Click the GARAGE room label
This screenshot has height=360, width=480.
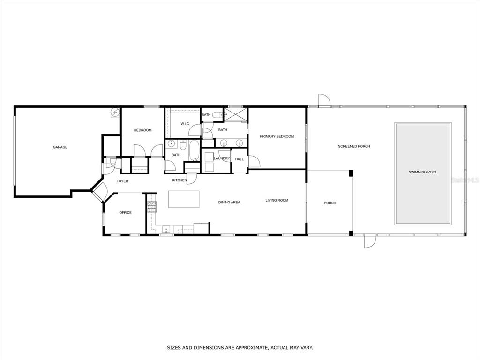pyautogui.click(x=60, y=147)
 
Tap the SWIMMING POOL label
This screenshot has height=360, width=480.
pyautogui.click(x=423, y=172)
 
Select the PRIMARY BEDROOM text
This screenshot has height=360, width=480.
pyautogui.click(x=277, y=136)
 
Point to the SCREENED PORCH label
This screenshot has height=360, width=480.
pyautogui.click(x=354, y=146)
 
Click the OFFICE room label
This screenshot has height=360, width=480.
pyautogui.click(x=126, y=212)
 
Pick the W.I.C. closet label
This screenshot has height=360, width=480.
pyautogui.click(x=185, y=124)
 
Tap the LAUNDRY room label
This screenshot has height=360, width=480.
pyautogui.click(x=222, y=158)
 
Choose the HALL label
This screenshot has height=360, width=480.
pyautogui.click(x=240, y=159)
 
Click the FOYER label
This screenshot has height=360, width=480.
pyautogui.click(x=122, y=181)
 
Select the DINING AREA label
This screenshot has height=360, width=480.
pyautogui.click(x=229, y=202)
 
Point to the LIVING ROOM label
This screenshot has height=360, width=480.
pyautogui.click(x=277, y=200)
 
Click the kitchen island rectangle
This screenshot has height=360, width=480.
pyautogui.click(x=184, y=199)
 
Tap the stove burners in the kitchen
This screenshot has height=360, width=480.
pyautogui.click(x=152, y=207)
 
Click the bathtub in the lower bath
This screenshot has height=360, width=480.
pyautogui.click(x=194, y=150)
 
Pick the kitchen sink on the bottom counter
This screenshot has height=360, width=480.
pyautogui.click(x=166, y=229)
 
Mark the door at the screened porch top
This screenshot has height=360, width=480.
pyautogui.click(x=324, y=100)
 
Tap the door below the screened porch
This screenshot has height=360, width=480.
pyautogui.click(x=370, y=241)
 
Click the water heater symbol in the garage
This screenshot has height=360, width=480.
pyautogui.click(x=115, y=112)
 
